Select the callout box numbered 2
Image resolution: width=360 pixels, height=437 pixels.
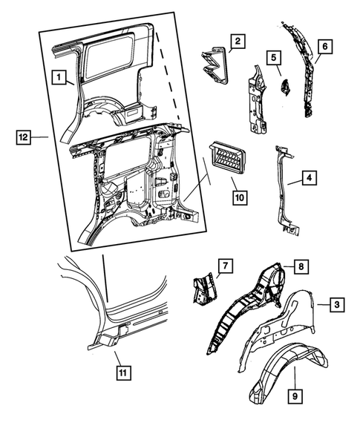coord(237,42)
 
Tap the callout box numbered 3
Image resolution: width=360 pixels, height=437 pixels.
coord(336,304)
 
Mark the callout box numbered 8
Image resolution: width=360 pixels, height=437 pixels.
coord(300,266)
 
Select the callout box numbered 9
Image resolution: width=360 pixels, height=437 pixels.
coord(295,397)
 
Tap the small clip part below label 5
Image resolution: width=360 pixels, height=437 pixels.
coord(282,87)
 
